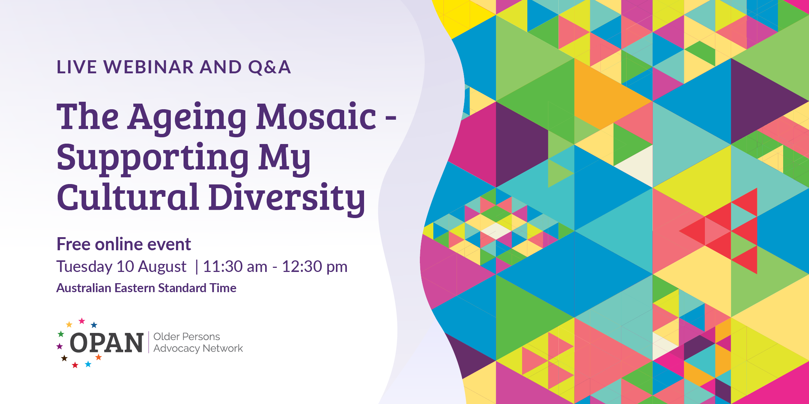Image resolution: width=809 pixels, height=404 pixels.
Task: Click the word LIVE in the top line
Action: click(x=77, y=67)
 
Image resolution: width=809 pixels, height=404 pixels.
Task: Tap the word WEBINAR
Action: click(x=149, y=67)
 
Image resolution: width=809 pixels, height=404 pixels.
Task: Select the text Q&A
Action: click(x=269, y=67)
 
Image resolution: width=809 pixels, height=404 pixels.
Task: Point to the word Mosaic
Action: click(x=316, y=117)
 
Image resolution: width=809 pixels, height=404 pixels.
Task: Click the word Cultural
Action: click(x=127, y=197)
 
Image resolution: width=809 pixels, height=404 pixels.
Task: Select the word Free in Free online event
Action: click(x=73, y=244)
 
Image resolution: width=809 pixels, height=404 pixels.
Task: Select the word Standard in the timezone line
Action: click(x=182, y=288)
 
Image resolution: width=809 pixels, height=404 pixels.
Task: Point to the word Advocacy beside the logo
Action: click(x=176, y=349)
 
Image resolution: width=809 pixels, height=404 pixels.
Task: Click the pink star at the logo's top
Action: click(x=82, y=321)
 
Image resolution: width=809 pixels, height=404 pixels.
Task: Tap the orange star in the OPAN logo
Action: click(x=99, y=357)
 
